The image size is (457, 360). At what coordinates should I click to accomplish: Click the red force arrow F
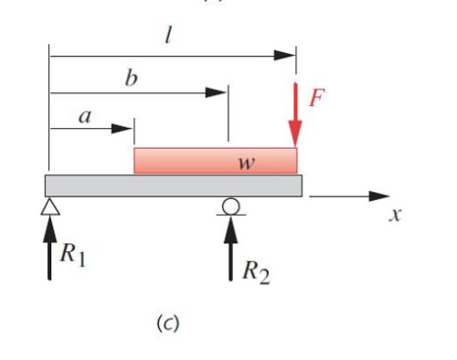[x=296, y=114]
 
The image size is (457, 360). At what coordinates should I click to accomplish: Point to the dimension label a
[x=86, y=116]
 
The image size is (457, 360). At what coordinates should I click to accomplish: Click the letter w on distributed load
[x=245, y=164]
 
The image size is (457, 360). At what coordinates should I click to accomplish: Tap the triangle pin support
[x=48, y=206]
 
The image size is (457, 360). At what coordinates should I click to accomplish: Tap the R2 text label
[x=256, y=271]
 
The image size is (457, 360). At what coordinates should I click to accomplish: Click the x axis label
[x=395, y=217]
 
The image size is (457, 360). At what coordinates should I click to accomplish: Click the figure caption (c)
[x=166, y=323]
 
